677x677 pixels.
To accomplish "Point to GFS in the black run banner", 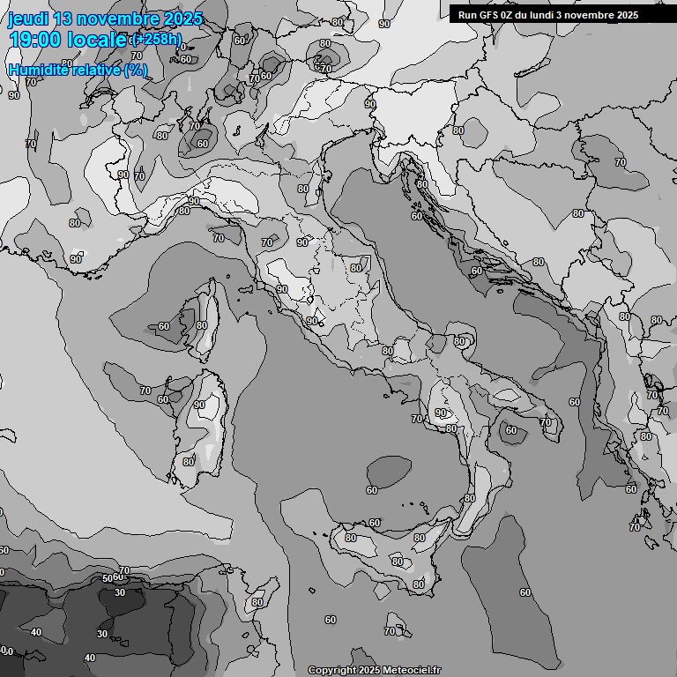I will [x=493, y=15].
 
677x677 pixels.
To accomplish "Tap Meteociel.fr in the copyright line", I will [x=412, y=670].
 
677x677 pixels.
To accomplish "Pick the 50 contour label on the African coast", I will [x=108, y=578].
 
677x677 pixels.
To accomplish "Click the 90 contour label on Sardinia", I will [x=199, y=405].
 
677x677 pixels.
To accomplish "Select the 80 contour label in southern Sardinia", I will [x=189, y=461].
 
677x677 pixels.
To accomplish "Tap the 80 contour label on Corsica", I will [x=202, y=325].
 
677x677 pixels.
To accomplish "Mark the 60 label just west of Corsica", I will [x=163, y=326].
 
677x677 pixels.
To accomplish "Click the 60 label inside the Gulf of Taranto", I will [x=511, y=430].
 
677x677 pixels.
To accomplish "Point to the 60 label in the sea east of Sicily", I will [x=525, y=592].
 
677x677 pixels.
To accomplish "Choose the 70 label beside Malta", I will [x=390, y=631].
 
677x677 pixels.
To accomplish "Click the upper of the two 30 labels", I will [x=120, y=593].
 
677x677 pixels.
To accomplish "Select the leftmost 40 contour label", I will [x=36, y=632].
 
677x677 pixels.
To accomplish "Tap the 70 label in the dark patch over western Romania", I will [x=621, y=162].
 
